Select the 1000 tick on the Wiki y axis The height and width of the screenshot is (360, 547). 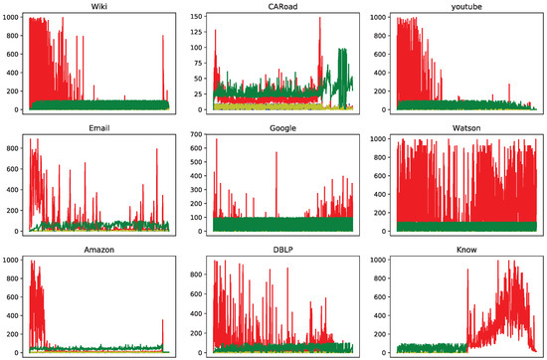click(12, 18)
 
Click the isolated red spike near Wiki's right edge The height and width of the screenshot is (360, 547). click(162, 37)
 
